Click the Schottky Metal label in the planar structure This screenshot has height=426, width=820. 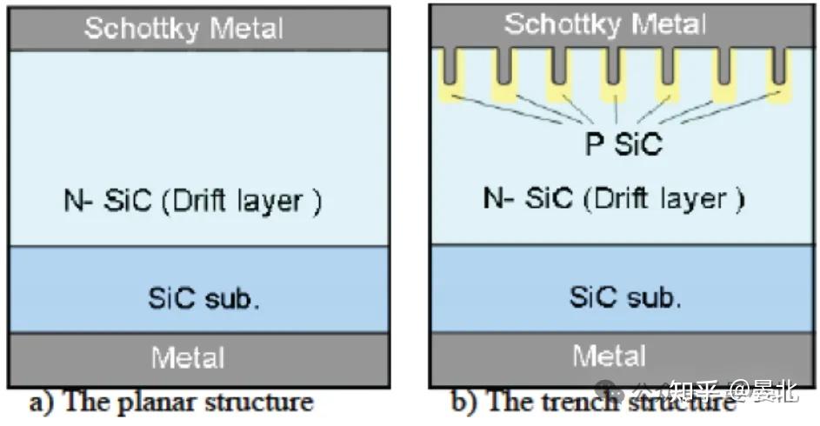click(x=183, y=28)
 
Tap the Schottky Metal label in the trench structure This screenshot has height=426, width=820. click(x=605, y=23)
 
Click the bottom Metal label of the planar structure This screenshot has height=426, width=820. click(x=187, y=357)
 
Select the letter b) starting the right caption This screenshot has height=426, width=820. click(x=461, y=402)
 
